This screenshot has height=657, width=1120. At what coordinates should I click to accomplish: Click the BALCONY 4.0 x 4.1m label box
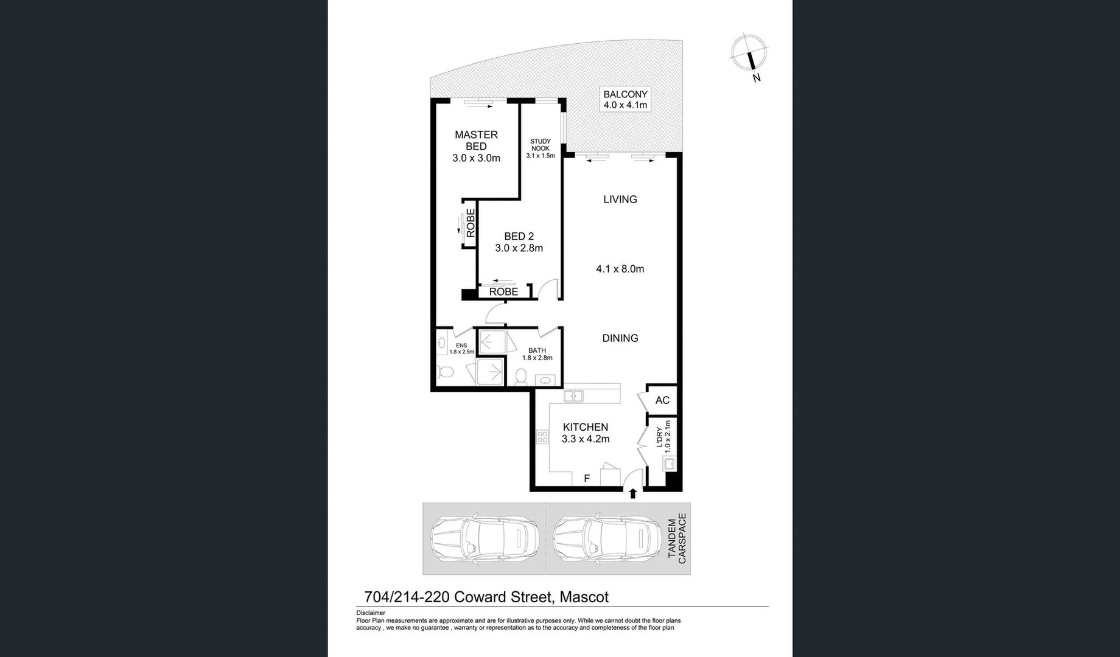625,99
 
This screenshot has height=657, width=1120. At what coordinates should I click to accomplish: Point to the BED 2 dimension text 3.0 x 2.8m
519,248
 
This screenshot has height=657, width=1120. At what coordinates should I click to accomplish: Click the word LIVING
620,200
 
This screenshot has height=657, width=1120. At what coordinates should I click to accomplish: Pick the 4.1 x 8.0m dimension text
620,269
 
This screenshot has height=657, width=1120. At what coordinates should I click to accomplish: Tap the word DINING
620,338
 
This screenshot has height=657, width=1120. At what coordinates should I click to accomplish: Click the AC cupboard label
662,400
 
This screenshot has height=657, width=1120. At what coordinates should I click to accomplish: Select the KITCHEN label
585,428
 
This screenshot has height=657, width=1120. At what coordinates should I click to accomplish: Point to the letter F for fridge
587,479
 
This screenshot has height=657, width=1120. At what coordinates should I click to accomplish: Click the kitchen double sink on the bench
573,397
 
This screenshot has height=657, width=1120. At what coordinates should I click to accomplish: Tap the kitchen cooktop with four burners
542,437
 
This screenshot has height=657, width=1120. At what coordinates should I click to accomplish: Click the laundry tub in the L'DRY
668,465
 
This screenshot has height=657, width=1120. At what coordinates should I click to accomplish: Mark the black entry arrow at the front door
632,493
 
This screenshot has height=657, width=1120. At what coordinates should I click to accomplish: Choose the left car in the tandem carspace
484,538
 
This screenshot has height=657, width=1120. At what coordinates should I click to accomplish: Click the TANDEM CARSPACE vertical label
677,538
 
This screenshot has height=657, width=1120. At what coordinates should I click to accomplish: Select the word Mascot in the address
584,597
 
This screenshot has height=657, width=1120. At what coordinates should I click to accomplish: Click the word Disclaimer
371,613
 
